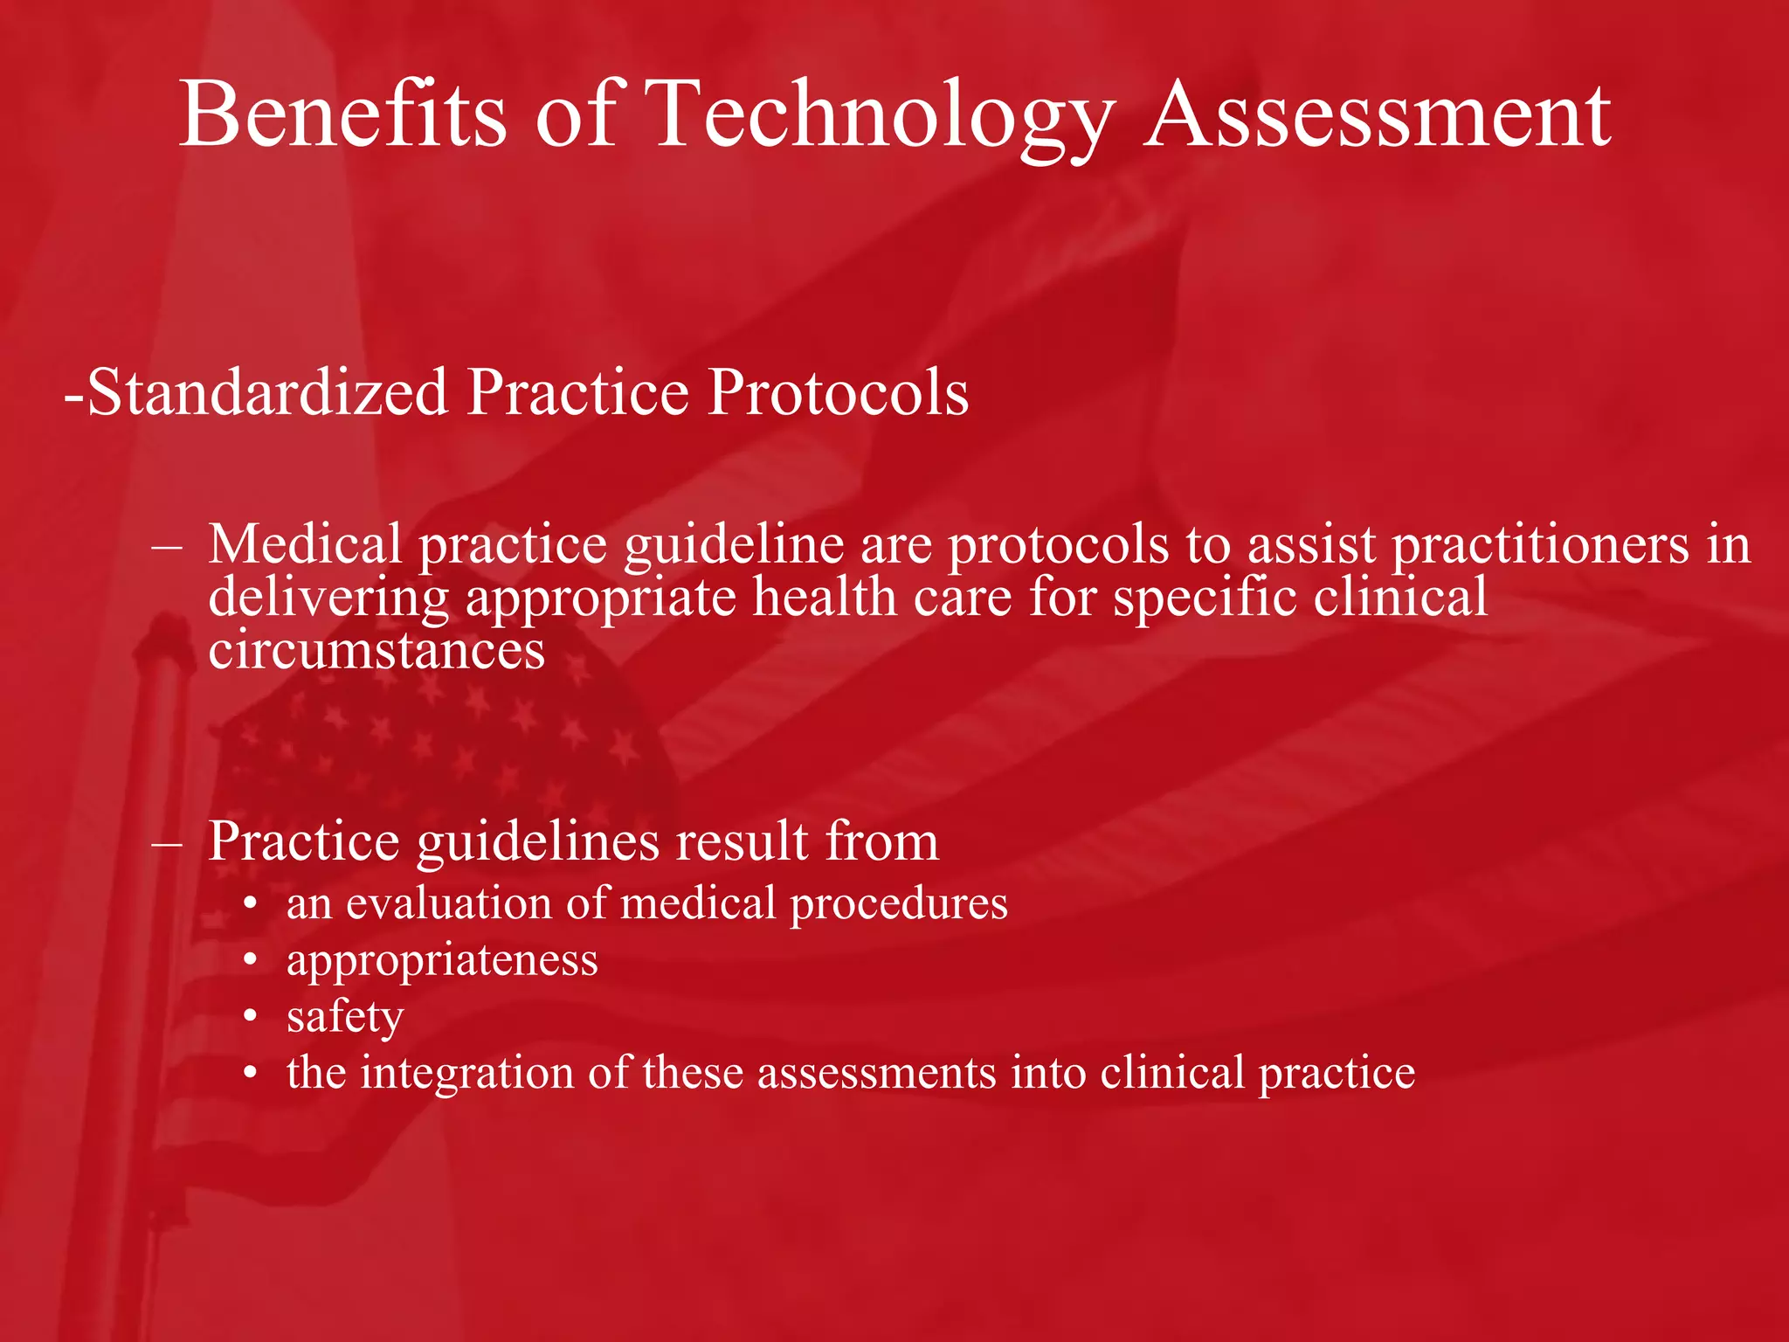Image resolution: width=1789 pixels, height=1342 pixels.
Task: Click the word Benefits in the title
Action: (x=342, y=114)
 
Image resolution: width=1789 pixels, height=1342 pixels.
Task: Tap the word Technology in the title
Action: (x=882, y=114)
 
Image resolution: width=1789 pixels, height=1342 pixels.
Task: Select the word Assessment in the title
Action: (x=1378, y=114)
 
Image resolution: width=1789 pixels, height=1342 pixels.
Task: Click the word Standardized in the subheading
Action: (x=267, y=392)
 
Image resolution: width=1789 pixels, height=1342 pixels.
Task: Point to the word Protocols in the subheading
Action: (x=838, y=392)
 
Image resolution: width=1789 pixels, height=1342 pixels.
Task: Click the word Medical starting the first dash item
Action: (x=305, y=544)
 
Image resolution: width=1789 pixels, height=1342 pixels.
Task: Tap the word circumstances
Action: (x=376, y=651)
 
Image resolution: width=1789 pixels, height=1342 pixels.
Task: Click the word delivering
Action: (x=328, y=599)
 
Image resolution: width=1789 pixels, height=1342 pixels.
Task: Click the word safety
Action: (x=345, y=1017)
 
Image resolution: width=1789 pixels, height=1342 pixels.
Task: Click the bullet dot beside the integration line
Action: (x=251, y=1074)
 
